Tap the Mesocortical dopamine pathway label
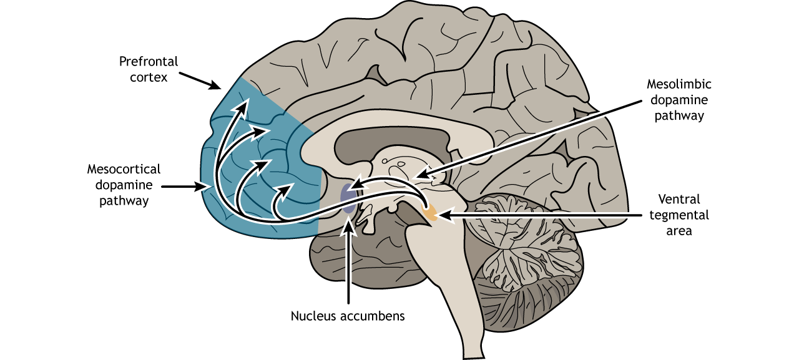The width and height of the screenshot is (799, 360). pyautogui.click(x=124, y=185)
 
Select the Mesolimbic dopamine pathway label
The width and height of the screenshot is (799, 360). pyautogui.click(x=679, y=100)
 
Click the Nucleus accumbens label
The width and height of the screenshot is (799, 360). pyautogui.click(x=348, y=316)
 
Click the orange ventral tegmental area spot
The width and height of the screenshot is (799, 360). pyautogui.click(x=429, y=214)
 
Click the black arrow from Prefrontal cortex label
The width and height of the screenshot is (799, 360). pyautogui.click(x=200, y=80)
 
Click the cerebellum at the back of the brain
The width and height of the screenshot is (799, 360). pyautogui.click(x=531, y=250)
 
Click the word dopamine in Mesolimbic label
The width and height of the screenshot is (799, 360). pyautogui.click(x=679, y=100)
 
